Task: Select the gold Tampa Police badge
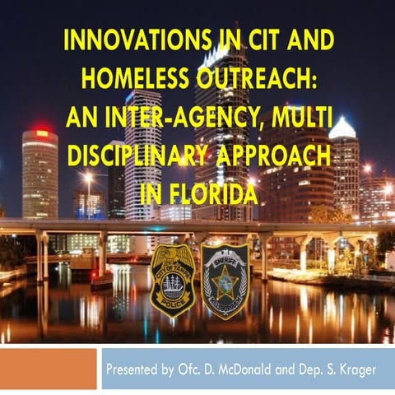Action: pyautogui.click(x=172, y=280)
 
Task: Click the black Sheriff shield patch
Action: pyautogui.click(x=225, y=280)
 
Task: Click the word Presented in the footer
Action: pyautogui.click(x=135, y=369)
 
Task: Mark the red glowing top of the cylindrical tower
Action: pyautogui.click(x=40, y=133)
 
